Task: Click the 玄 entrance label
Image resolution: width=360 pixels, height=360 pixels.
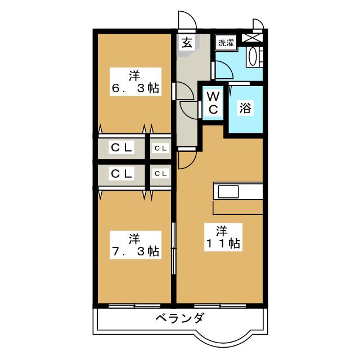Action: coord(186,43)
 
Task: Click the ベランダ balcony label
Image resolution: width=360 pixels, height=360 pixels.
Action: coord(179,319)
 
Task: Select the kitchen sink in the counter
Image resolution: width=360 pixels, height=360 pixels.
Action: coord(228,191)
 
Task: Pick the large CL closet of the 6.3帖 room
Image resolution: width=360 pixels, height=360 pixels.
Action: coord(121,148)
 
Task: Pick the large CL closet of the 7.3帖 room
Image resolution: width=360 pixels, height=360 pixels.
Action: coord(121,174)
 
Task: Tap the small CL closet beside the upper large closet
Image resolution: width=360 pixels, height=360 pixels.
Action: coord(160,148)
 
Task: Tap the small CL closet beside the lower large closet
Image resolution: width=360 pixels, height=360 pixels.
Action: coord(160,174)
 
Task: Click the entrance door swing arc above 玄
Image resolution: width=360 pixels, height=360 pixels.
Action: coord(187,20)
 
